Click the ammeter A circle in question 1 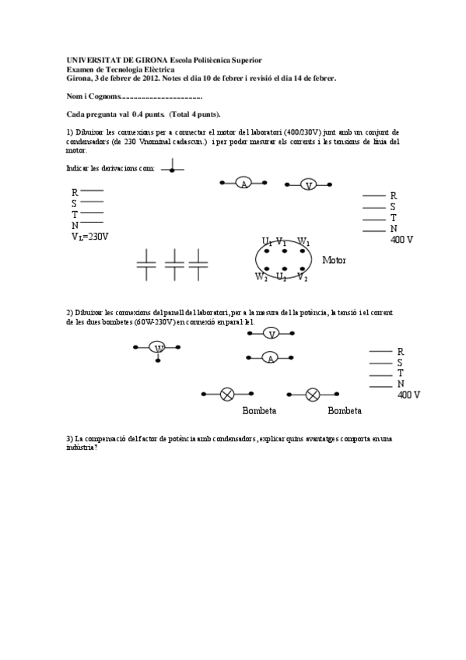(x=244, y=183)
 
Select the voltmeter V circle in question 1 (x=309, y=184)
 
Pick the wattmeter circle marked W (x=158, y=347)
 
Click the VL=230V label (x=89, y=236)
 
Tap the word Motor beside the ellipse (x=334, y=260)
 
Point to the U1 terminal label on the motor (x=267, y=241)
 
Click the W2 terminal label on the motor (x=261, y=276)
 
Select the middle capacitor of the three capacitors (x=174, y=264)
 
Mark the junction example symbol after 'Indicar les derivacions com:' (x=172, y=167)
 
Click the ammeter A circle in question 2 (x=269, y=358)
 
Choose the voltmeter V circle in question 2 (x=270, y=333)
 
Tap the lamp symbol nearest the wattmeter (x=227, y=395)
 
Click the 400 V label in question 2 (x=408, y=395)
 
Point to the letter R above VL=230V (x=75, y=191)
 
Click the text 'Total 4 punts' (x=194, y=114)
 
